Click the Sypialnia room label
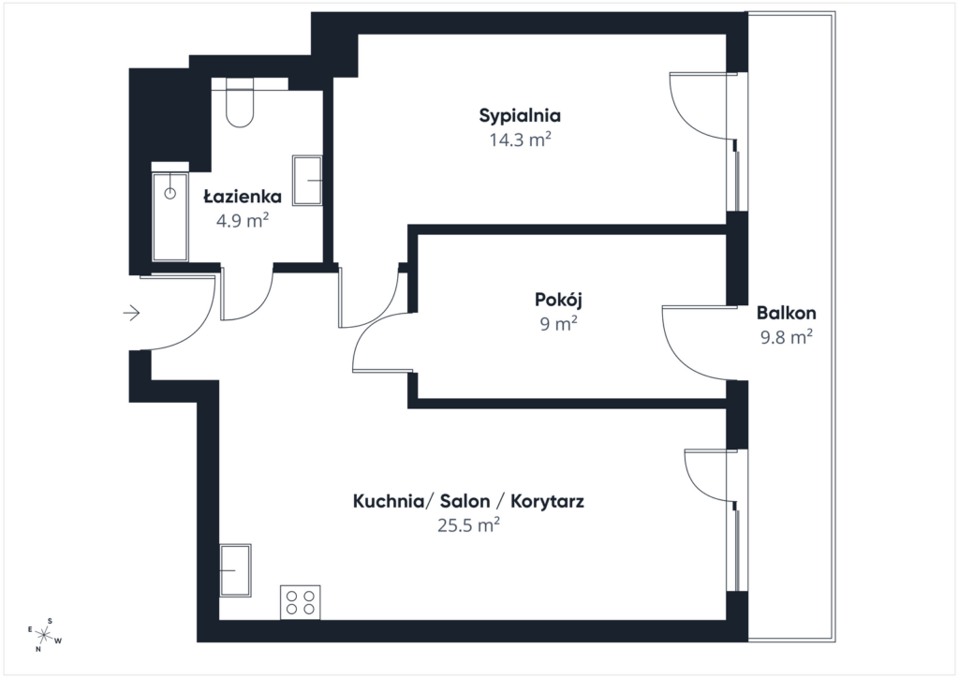point(519,116)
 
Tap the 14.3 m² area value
point(519,141)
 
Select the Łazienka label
point(243,197)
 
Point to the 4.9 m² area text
point(243,222)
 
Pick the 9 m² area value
point(559,325)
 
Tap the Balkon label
point(787,313)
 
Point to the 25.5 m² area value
point(468,526)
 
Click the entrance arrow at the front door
point(131,313)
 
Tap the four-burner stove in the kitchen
point(300,601)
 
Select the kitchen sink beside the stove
point(235,569)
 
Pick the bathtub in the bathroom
point(170,214)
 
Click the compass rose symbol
point(43,635)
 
